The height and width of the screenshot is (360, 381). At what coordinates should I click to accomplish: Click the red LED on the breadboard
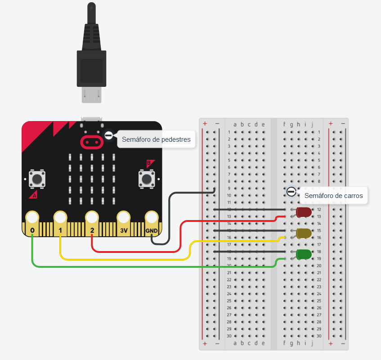[x=304, y=212]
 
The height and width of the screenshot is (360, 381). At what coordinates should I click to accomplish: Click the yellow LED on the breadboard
[x=304, y=233]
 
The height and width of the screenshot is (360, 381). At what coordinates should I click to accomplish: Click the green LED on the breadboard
[x=304, y=254]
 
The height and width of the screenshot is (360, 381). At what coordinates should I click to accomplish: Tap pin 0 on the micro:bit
[x=32, y=219]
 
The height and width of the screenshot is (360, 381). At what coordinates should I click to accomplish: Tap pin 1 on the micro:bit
[x=60, y=219]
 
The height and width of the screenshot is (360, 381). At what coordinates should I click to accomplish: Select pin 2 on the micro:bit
[x=92, y=219]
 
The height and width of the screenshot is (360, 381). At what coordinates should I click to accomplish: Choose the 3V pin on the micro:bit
[x=124, y=219]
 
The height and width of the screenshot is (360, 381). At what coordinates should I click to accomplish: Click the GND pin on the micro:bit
[x=152, y=219]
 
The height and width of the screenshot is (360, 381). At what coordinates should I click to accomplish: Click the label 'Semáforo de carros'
[x=333, y=196]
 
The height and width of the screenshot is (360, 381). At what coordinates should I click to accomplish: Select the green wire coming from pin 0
[x=135, y=267]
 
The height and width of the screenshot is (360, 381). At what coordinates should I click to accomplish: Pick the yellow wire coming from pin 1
[x=126, y=259]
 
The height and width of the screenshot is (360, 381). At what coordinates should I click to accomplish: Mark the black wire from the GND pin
[x=169, y=216]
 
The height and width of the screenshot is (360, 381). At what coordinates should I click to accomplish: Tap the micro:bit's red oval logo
[x=92, y=142]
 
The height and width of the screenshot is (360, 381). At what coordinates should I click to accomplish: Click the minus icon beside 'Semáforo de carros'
[x=291, y=192]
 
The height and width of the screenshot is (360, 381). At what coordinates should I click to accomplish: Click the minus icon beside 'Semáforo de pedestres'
[x=109, y=135]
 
